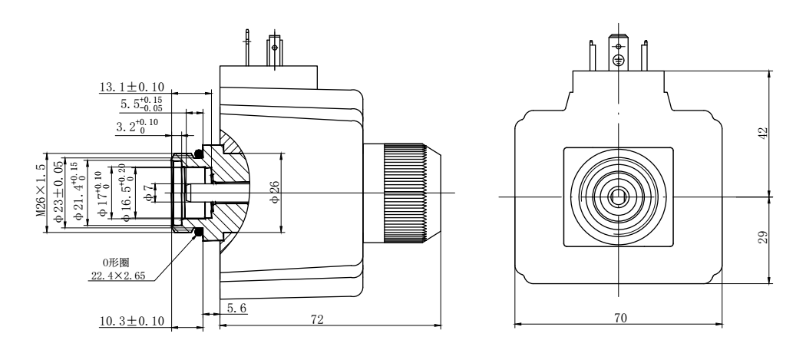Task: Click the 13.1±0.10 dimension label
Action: tap(130, 88)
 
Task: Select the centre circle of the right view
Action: tap(618, 197)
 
